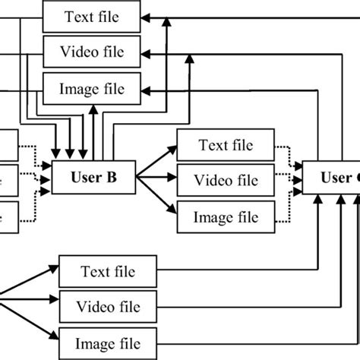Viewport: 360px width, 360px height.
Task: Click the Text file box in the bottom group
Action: click(108, 270)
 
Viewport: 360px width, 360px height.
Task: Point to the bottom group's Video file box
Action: click(108, 306)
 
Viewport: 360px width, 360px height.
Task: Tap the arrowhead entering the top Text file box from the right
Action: click(147, 17)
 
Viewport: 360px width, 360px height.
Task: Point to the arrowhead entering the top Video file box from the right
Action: click(147, 53)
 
